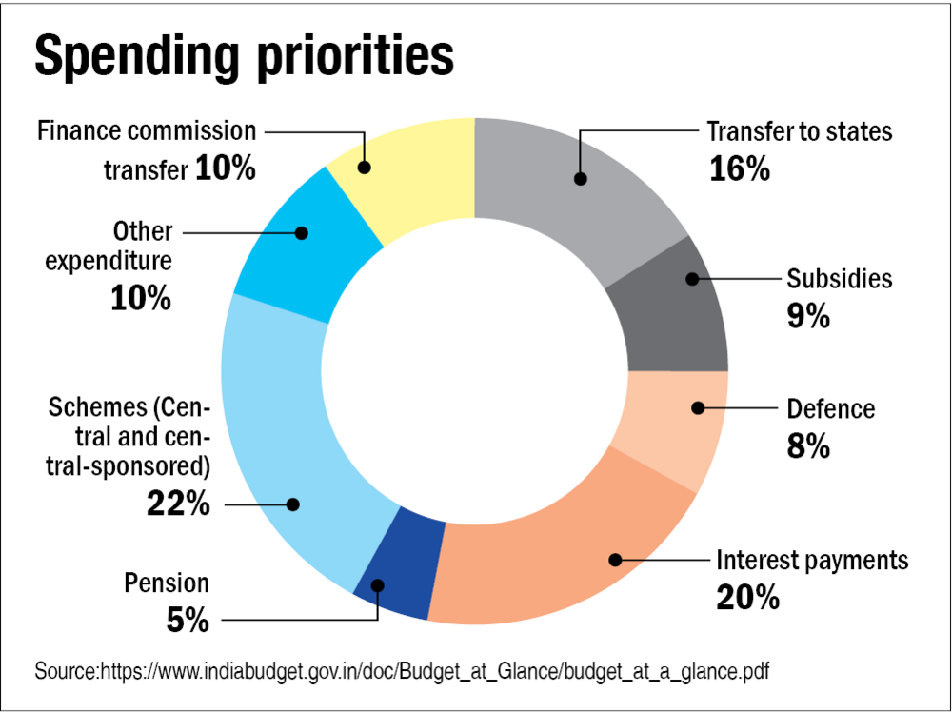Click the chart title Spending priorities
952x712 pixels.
(244, 56)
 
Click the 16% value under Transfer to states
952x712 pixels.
(739, 168)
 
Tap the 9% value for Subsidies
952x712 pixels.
(808, 316)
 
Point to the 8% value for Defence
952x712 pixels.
(808, 446)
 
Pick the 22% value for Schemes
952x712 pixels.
(178, 504)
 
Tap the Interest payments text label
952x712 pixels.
(812, 560)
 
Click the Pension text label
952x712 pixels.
(167, 583)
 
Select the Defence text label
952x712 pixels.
(830, 409)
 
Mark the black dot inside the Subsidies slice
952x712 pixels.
(692, 279)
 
